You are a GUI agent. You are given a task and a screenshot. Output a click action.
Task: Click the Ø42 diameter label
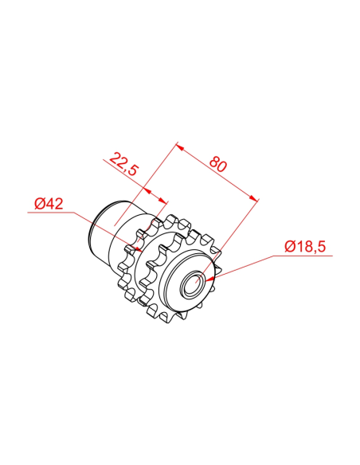pyautogui.click(x=49, y=204)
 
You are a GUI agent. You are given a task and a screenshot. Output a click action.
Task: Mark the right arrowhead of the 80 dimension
pyautogui.click(x=256, y=198)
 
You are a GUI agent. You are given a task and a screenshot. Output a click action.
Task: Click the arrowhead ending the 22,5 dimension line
pyautogui.click(x=164, y=201)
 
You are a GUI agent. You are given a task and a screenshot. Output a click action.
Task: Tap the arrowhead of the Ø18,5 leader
pyautogui.click(x=208, y=279)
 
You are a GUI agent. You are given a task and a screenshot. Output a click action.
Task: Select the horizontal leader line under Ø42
pyautogui.click(x=52, y=213)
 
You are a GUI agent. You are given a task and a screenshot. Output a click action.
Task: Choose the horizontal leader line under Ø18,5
pyautogui.click(x=307, y=256)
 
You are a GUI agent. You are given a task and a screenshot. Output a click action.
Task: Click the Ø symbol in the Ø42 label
pyautogui.click(x=39, y=204)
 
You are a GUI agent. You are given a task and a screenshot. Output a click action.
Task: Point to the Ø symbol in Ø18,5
pyautogui.click(x=289, y=247)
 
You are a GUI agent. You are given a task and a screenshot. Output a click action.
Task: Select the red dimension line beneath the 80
pyautogui.click(x=217, y=174)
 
